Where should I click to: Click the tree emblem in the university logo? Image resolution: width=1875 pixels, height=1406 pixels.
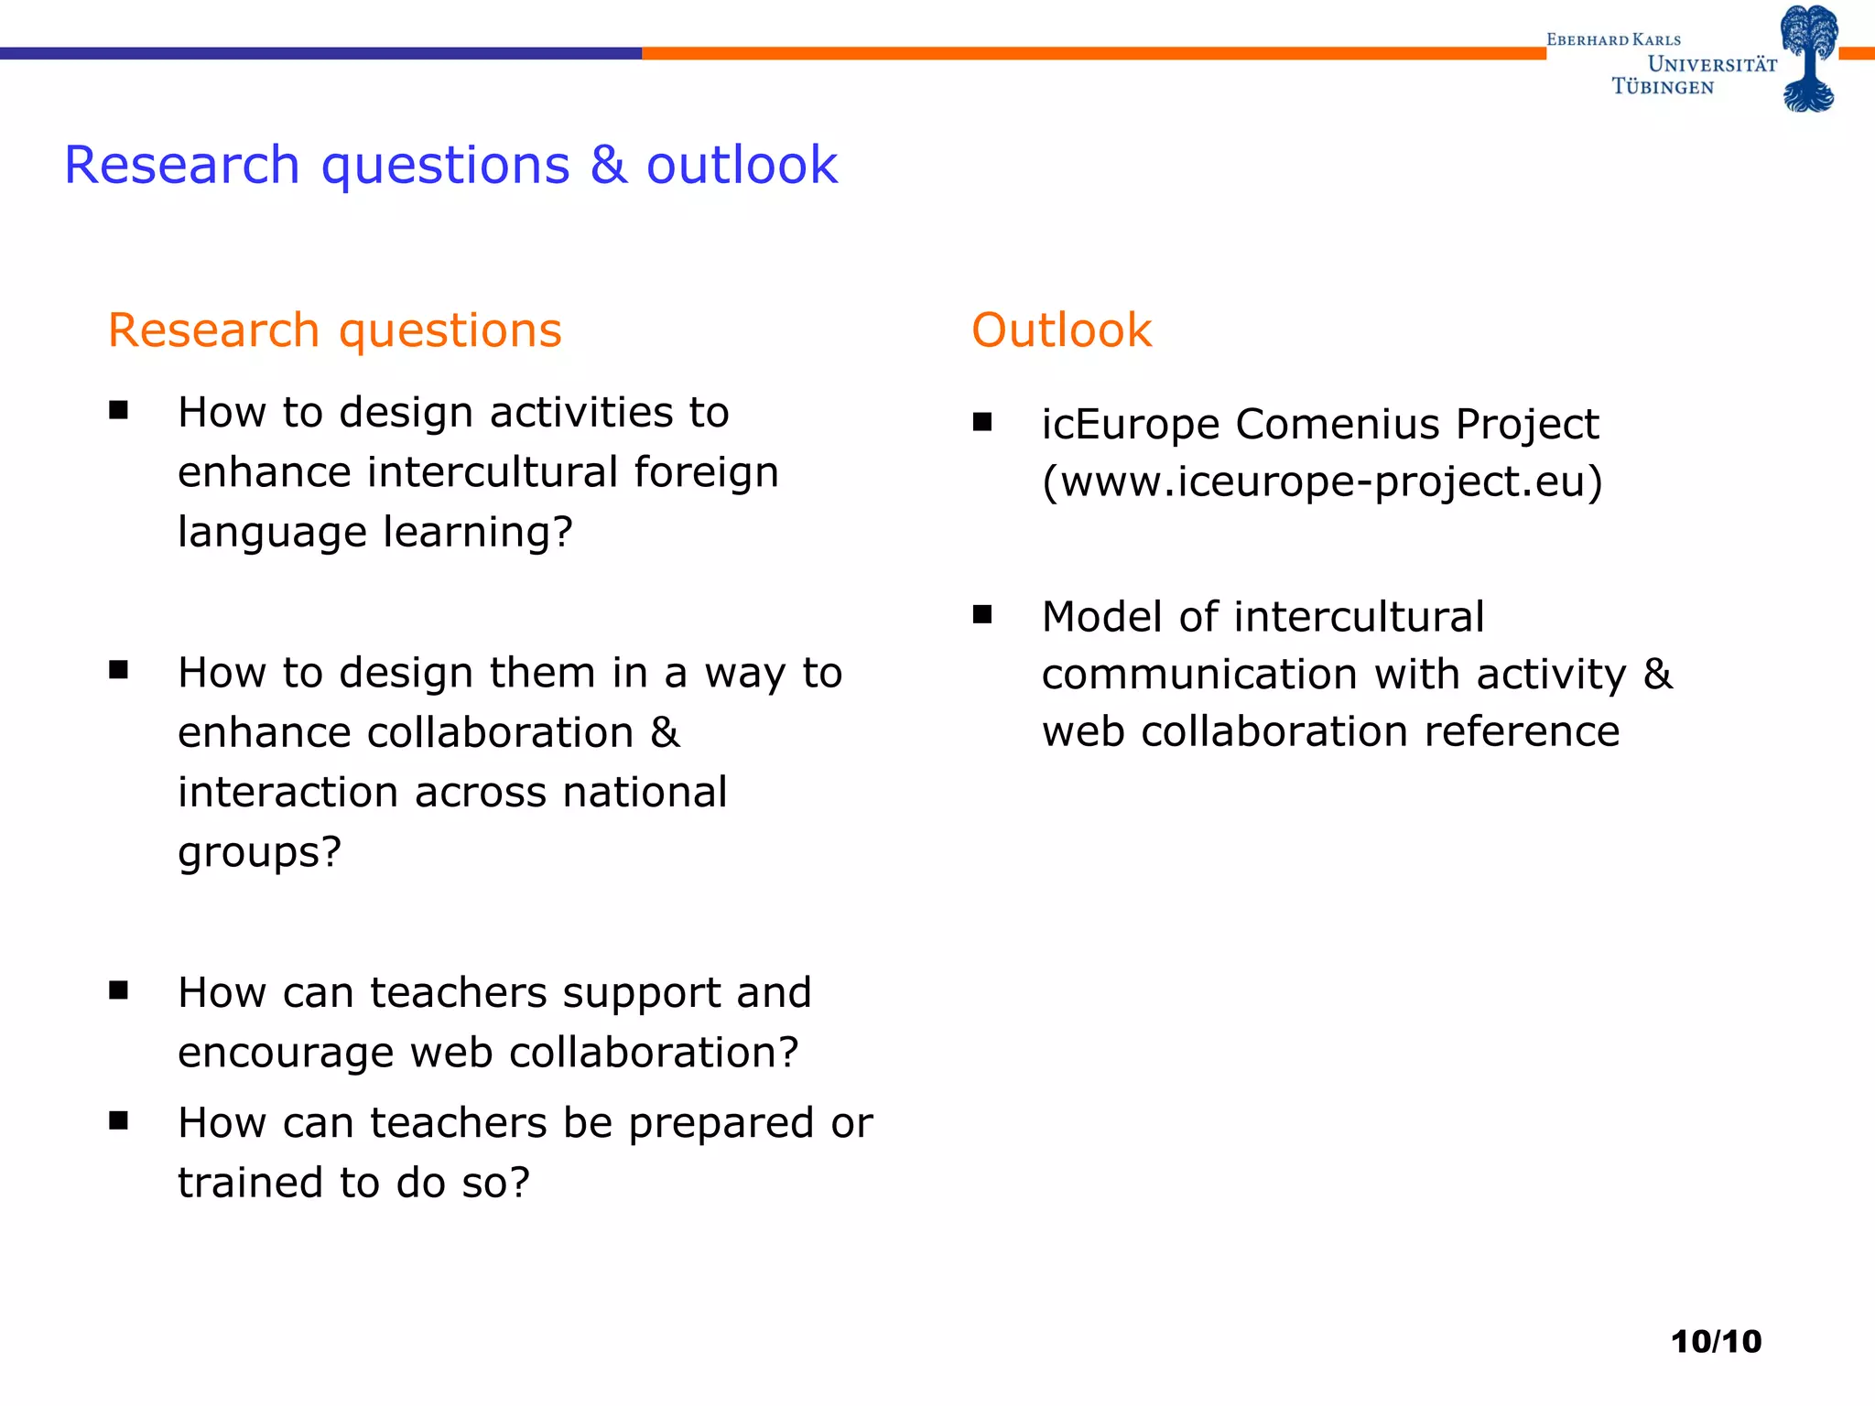pos(1809,58)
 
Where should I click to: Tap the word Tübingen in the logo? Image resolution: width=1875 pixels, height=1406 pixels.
pos(1663,87)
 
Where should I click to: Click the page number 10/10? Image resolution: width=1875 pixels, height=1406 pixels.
pos(1716,1342)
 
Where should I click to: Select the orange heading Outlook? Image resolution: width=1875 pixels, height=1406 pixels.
pos(1061,330)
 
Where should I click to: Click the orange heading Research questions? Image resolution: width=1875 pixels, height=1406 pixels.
pos(334,330)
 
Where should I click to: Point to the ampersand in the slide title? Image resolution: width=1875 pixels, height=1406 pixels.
pos(609,166)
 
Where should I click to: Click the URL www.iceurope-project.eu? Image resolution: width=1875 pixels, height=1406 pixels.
pos(1322,482)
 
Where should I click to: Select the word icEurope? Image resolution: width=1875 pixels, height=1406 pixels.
pos(1131,425)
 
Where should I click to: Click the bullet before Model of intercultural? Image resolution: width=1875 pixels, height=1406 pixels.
pos(982,614)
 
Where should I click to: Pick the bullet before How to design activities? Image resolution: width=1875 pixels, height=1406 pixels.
pos(118,410)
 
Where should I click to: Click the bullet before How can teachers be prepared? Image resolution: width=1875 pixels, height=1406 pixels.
pos(118,1120)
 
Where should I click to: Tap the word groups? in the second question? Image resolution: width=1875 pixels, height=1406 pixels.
pos(259,853)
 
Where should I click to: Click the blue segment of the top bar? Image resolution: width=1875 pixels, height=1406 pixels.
pos(320,54)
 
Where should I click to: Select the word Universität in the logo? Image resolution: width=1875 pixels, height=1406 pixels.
pos(1712,64)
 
